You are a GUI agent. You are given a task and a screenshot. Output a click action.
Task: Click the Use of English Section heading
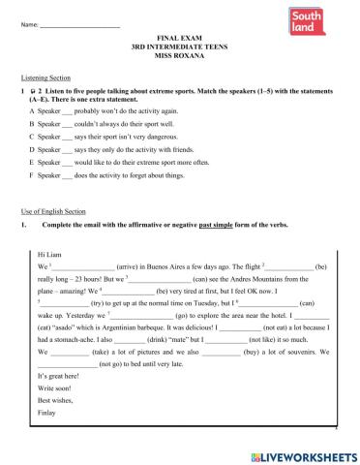[52, 237]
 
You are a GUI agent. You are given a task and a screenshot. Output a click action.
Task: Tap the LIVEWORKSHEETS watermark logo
[301, 455]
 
